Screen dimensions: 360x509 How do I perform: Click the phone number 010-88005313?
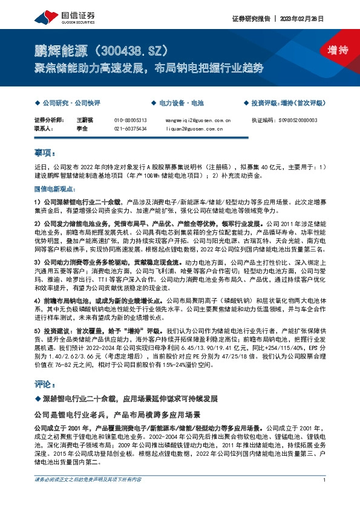point(130,120)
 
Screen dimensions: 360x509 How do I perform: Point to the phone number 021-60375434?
point(130,128)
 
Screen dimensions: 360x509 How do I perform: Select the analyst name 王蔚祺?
point(85,120)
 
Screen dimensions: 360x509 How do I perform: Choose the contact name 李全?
point(82,128)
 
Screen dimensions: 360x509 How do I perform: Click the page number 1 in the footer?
point(325,496)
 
